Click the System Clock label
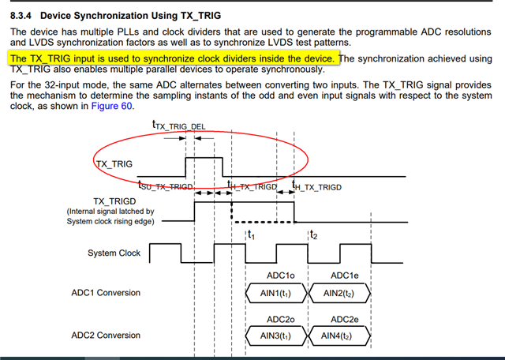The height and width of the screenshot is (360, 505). pos(114,253)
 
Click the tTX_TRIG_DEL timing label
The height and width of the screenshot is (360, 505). pos(178,125)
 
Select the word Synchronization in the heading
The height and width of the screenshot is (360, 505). pos(118,15)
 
